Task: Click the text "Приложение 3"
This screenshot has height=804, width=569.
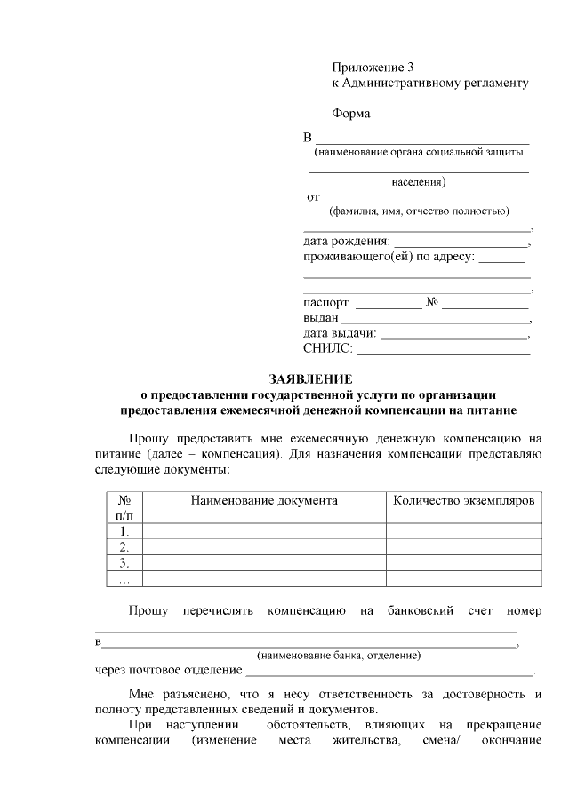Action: click(373, 68)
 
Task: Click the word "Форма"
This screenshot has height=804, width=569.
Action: click(350, 114)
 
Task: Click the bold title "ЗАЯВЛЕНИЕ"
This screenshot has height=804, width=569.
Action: click(310, 379)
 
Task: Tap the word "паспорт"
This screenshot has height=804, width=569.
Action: click(326, 303)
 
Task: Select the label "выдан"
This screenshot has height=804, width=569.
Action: click(320, 318)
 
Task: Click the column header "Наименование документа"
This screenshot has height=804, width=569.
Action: click(264, 501)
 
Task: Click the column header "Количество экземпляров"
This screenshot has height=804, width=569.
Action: click(463, 501)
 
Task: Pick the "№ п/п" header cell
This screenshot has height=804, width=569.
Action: click(124, 507)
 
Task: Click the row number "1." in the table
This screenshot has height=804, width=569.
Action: click(124, 532)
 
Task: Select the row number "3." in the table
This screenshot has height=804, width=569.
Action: click(124, 563)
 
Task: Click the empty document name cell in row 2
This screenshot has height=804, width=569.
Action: click(264, 547)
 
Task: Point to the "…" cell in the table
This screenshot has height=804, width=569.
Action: click(124, 579)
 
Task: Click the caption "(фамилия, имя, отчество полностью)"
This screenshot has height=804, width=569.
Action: click(418, 211)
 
